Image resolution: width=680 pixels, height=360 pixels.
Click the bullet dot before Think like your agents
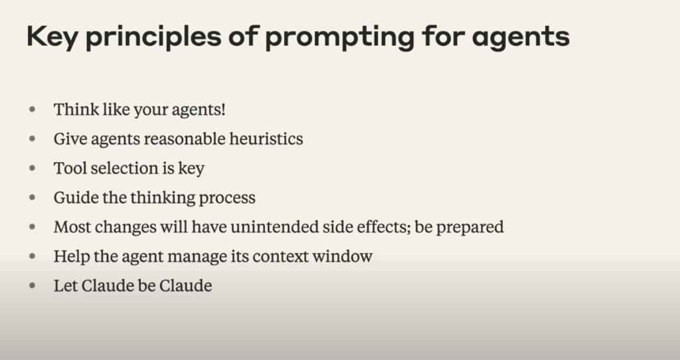pyautogui.click(x=32, y=110)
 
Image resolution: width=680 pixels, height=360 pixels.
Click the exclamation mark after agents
pyautogui.click(x=223, y=110)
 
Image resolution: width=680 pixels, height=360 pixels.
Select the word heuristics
pyautogui.click(x=266, y=139)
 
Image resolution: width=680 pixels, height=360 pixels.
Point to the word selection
pyautogui.click(x=124, y=168)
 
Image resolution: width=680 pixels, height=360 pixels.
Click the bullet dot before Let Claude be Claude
pyautogui.click(x=32, y=286)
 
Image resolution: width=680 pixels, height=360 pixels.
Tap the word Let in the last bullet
pyautogui.click(x=66, y=286)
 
